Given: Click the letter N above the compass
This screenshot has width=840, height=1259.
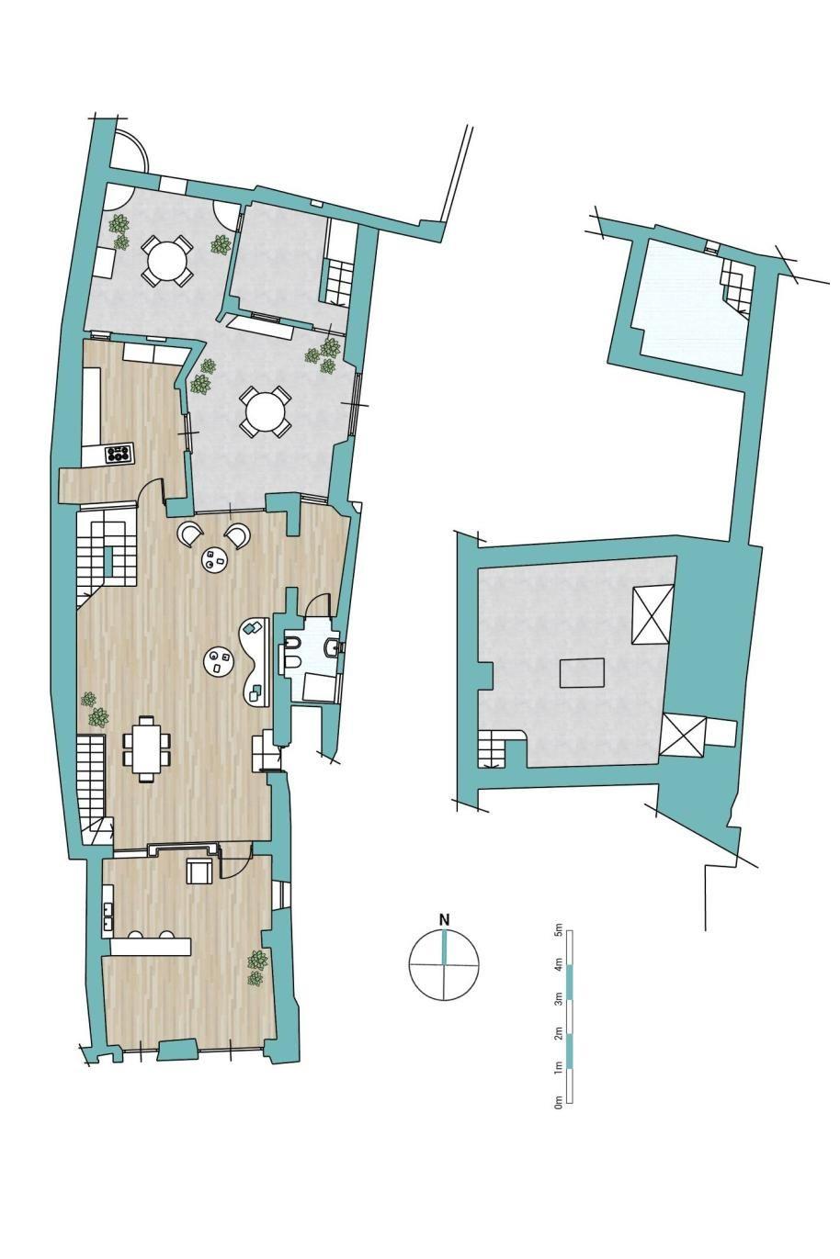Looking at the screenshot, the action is point(445,920).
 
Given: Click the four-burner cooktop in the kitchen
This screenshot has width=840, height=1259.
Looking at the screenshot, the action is point(119,453).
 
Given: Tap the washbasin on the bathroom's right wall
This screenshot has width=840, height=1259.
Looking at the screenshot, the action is point(333,648).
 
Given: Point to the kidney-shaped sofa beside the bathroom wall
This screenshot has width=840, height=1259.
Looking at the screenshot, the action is point(256,661).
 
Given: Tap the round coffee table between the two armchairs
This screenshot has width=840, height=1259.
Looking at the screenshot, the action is point(215,559).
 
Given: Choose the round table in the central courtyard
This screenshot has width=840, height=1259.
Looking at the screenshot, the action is point(265,410).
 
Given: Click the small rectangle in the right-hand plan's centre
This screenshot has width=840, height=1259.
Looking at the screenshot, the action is point(583,672).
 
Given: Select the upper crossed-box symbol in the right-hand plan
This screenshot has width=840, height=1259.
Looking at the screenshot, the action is point(653,613).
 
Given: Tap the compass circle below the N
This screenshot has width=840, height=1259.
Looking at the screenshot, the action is point(445,965).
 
